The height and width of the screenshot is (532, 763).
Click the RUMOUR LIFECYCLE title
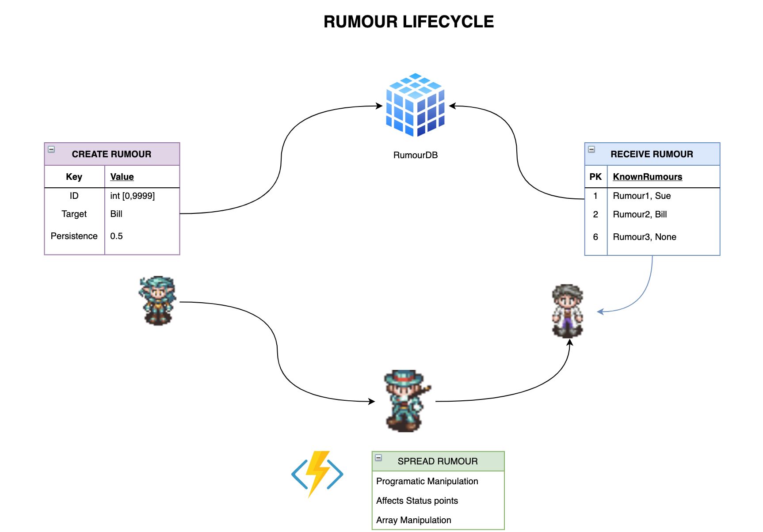click(x=408, y=22)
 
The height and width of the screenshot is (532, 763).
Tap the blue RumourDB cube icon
click(x=415, y=105)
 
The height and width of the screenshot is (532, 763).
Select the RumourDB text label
click(x=415, y=155)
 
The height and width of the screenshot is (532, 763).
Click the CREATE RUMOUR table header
click(x=112, y=154)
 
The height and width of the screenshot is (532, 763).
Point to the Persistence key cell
click(x=74, y=236)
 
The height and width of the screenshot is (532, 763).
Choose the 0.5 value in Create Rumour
click(x=117, y=236)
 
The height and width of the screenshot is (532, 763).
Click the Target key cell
click(x=74, y=214)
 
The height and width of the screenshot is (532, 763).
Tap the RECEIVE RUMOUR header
click(x=652, y=154)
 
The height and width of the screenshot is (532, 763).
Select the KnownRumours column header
click(x=647, y=177)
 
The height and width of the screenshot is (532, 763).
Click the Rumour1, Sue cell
click(x=641, y=196)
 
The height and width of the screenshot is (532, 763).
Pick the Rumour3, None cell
click(x=644, y=237)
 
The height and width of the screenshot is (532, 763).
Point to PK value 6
click(x=595, y=237)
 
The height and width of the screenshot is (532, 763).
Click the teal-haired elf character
click(x=157, y=300)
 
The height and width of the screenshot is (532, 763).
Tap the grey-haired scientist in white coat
click(x=568, y=311)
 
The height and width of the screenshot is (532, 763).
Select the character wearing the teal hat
click(x=406, y=400)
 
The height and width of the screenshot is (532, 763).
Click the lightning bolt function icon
click(x=317, y=474)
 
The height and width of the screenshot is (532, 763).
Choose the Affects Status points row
click(x=417, y=501)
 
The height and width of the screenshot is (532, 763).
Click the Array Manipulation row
click(x=413, y=520)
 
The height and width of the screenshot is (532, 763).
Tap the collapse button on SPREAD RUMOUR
click(x=378, y=458)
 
